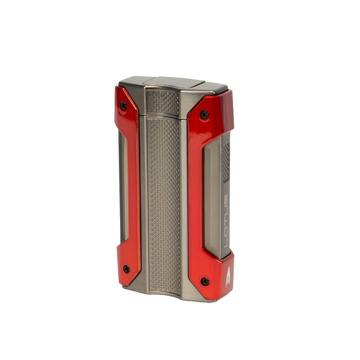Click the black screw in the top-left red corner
pos(123,106)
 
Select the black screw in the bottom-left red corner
pos(126,269)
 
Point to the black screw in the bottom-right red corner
pos(204,281)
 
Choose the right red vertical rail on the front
pos(196,194)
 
